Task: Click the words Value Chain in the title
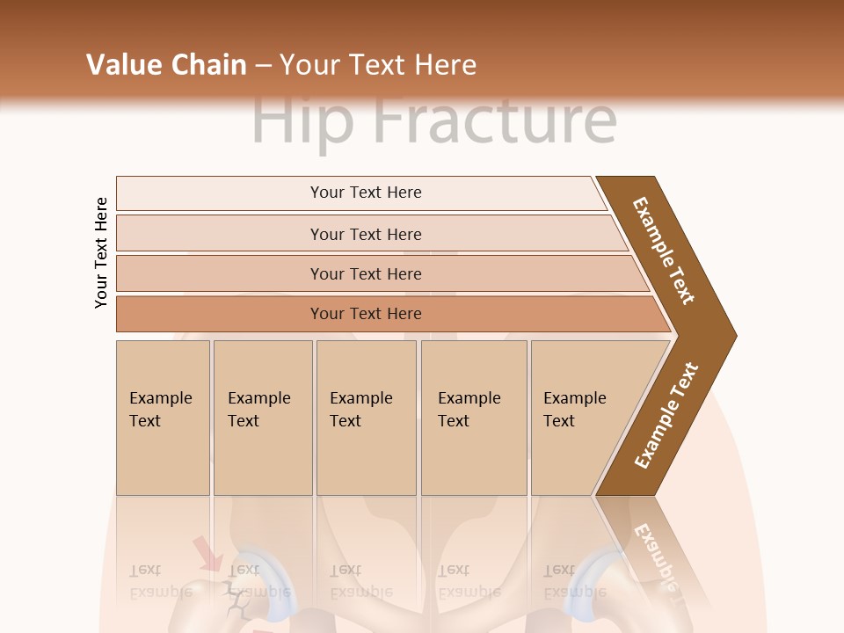coord(166,65)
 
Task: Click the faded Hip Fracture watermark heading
coord(433,121)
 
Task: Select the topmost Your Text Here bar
coord(365,193)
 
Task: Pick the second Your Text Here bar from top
coord(365,234)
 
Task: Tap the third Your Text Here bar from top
coord(365,273)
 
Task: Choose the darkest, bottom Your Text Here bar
coord(365,314)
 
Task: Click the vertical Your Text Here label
coord(101,252)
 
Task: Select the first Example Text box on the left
coord(163,417)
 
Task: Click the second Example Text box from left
coord(262,417)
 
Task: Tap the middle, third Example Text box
coord(366,417)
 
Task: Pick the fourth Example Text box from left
coord(473,417)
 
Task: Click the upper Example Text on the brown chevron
coord(664,251)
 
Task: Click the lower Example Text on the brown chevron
coord(666,416)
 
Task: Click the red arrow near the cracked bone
coord(207,555)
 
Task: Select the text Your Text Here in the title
coord(378,65)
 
